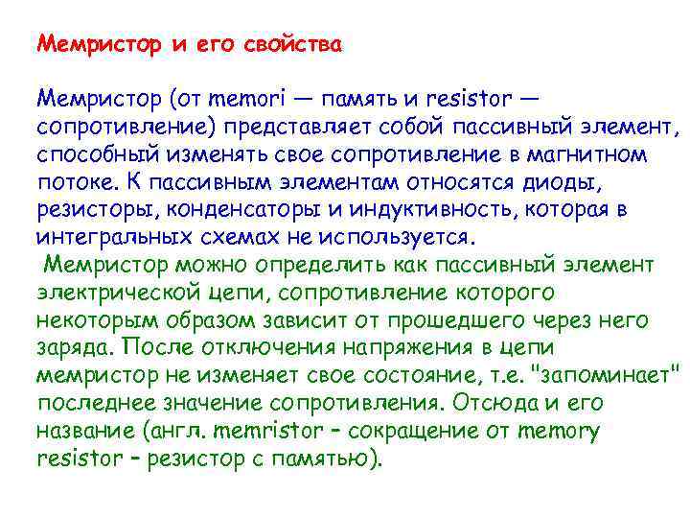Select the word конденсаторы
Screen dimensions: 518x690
click(x=232, y=209)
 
